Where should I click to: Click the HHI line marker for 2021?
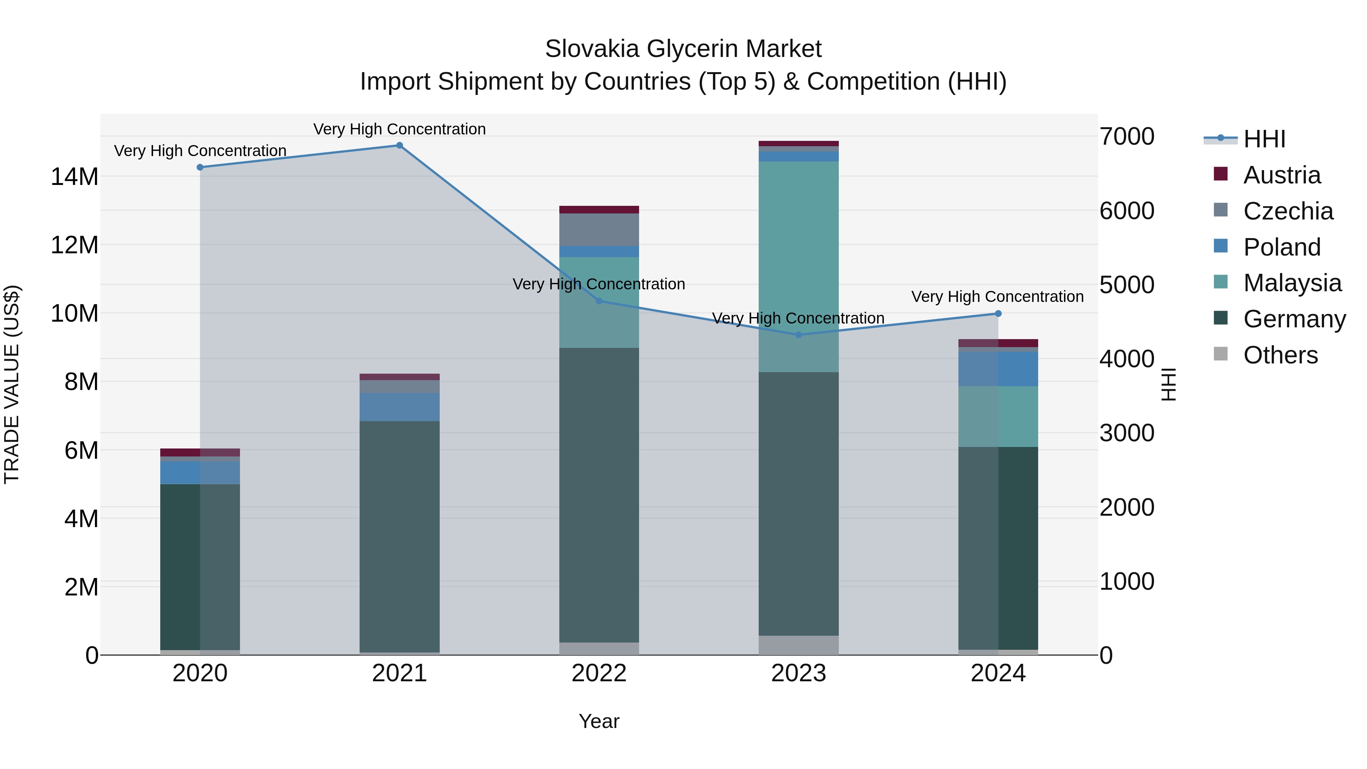click(399, 145)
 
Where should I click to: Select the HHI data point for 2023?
click(799, 335)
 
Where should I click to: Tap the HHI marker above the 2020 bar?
click(200, 167)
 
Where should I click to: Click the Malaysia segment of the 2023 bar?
click(799, 265)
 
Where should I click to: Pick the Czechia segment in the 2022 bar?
click(599, 230)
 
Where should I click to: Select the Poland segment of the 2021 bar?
click(399, 407)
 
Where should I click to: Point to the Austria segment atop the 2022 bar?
click(599, 210)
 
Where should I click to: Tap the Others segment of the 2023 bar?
click(799, 645)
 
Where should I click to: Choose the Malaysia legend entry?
click(1292, 283)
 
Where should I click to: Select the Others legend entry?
click(1280, 355)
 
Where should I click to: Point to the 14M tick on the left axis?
click(74, 176)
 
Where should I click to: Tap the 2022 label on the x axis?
click(599, 673)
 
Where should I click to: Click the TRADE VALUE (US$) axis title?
click(12, 384)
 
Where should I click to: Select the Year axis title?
click(599, 721)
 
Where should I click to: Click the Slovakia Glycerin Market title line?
click(683, 49)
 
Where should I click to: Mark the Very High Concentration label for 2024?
click(998, 297)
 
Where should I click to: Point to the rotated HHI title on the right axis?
click(1168, 384)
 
